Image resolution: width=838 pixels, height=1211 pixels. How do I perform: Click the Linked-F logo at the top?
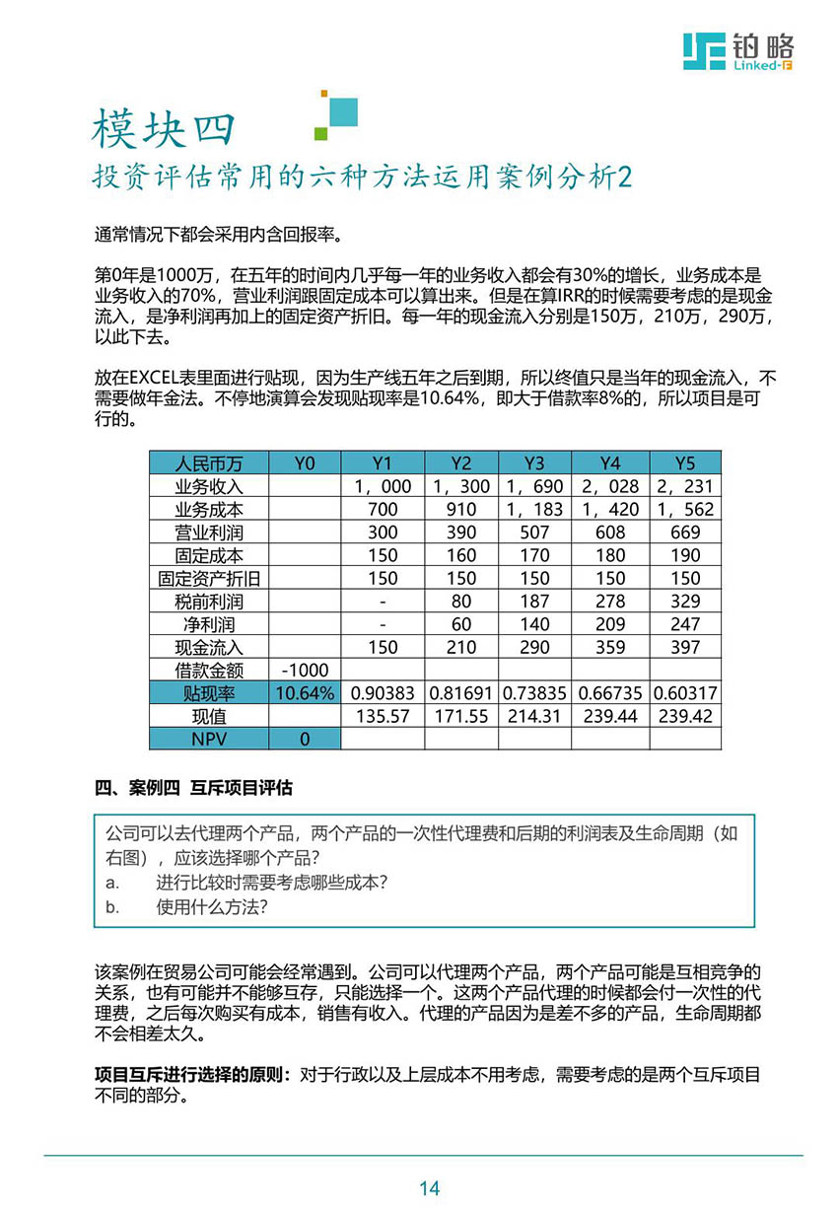pyautogui.click(x=738, y=51)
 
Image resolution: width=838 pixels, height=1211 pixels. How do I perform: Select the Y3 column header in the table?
pyautogui.click(x=534, y=463)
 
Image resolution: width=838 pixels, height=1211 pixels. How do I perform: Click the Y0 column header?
pyautogui.click(x=305, y=463)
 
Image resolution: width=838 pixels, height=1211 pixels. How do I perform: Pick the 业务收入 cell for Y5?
pyautogui.click(x=685, y=486)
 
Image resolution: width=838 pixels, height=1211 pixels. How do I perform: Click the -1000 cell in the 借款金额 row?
pyautogui.click(x=305, y=670)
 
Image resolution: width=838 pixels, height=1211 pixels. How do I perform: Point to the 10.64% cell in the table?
pyautogui.click(x=305, y=693)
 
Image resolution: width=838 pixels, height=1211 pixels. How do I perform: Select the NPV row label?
pyautogui.click(x=208, y=739)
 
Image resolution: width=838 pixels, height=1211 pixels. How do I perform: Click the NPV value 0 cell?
pyautogui.click(x=305, y=739)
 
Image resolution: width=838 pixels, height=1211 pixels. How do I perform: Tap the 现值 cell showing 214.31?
pyautogui.click(x=534, y=716)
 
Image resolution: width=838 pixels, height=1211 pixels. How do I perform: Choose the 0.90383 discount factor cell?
pyautogui.click(x=383, y=693)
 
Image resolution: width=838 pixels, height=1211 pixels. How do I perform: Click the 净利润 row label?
pyautogui.click(x=208, y=624)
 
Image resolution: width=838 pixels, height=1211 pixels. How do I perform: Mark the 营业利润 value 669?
pyautogui.click(x=685, y=533)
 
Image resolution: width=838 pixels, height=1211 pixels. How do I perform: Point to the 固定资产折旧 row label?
pyautogui.click(x=208, y=578)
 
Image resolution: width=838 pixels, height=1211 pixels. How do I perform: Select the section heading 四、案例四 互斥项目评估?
pyautogui.click(x=193, y=788)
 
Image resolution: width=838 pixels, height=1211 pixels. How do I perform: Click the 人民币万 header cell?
pyautogui.click(x=208, y=463)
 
